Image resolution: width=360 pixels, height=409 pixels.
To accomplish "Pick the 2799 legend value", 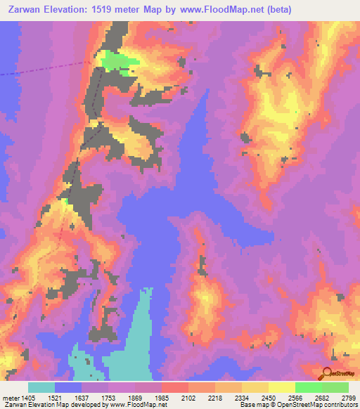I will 348,397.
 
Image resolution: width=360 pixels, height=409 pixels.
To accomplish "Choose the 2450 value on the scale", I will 268,397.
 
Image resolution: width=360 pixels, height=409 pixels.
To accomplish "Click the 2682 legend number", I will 321,397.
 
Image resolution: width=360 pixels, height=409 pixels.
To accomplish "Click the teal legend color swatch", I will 41,387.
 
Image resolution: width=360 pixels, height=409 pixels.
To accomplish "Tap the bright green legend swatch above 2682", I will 308,387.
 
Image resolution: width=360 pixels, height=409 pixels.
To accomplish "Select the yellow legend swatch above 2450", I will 255,387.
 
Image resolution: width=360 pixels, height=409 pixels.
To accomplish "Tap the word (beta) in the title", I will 274,10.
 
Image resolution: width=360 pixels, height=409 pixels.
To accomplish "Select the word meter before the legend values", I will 10,397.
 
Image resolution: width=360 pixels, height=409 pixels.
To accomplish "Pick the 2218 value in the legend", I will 214,397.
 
